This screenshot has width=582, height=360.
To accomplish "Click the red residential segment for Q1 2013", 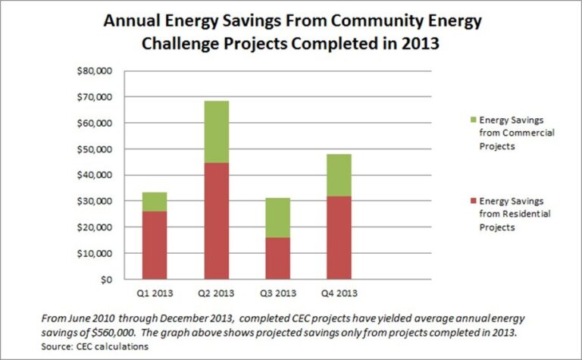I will (154, 245).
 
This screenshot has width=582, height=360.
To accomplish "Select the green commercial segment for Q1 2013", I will (154, 202).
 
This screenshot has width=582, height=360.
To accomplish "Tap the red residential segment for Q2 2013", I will (216, 221).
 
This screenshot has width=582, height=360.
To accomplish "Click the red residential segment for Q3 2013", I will (277, 258).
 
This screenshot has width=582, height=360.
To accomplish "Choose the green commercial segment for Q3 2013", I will (277, 218).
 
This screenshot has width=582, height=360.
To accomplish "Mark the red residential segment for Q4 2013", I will (339, 238).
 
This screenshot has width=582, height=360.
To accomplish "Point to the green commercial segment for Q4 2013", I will (339, 175).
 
